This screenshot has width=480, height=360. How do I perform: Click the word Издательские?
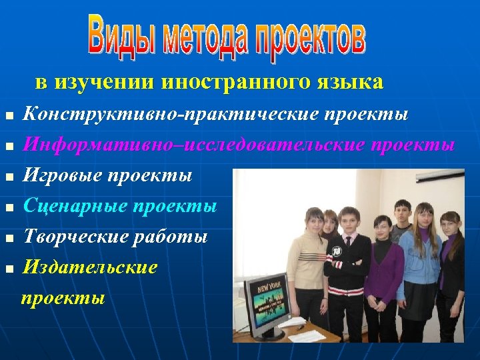click(x=91, y=267)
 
